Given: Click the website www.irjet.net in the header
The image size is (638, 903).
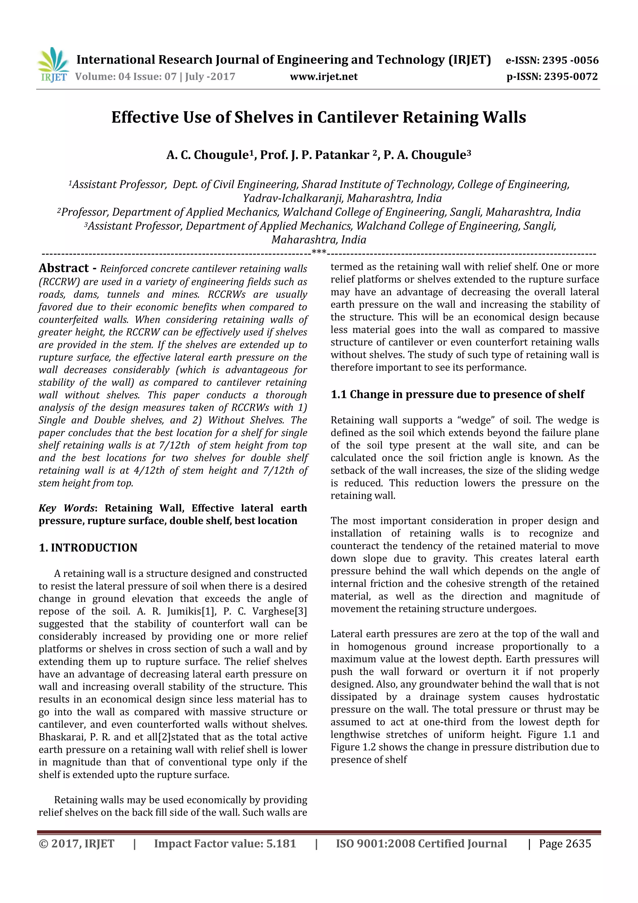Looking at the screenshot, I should tap(324, 76).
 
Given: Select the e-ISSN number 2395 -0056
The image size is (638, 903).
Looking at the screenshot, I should tap(570, 60).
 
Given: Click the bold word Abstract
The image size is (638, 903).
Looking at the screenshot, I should tap(64, 268).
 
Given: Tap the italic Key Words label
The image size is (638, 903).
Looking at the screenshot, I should tap(66, 508).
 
